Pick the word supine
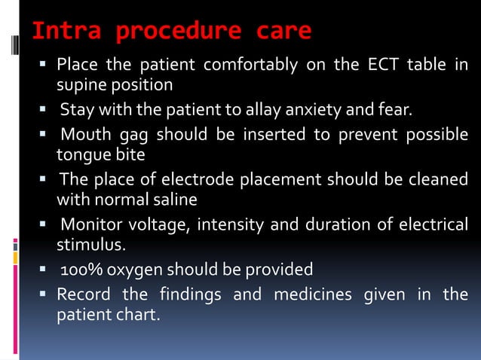click(81, 84)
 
